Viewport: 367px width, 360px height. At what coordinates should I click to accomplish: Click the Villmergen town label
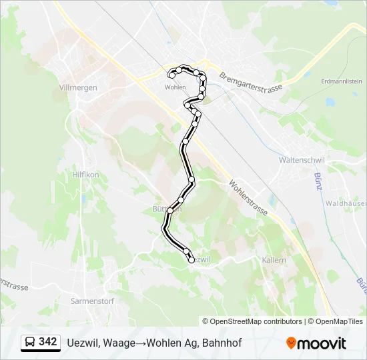[78, 87]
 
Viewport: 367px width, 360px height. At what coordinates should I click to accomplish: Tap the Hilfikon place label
[85, 174]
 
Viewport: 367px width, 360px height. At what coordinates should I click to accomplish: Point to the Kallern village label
[274, 259]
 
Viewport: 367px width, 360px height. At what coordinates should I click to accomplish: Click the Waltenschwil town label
[301, 161]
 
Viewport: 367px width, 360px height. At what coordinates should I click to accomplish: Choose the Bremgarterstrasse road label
[251, 79]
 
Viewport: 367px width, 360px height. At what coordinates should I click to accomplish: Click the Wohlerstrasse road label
[248, 197]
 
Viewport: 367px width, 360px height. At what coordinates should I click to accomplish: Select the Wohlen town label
[175, 87]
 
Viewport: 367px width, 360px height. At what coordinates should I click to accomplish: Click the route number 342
[47, 342]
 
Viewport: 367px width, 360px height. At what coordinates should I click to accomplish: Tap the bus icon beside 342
[29, 343]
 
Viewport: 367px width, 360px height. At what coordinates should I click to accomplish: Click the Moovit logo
[316, 343]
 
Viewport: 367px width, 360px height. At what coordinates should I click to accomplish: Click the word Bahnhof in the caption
[222, 343]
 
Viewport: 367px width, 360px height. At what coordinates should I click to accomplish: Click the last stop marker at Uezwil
[192, 260]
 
